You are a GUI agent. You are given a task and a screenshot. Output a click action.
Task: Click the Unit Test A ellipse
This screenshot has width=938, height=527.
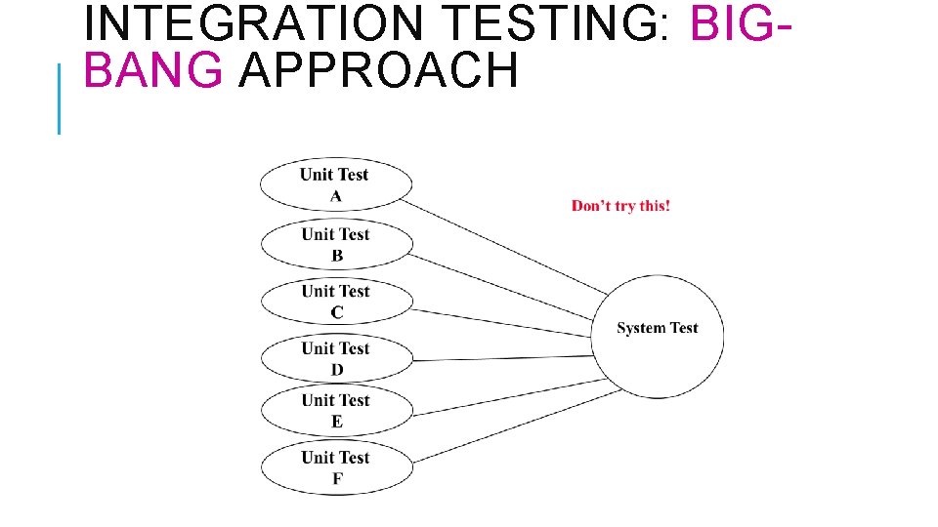click(x=336, y=184)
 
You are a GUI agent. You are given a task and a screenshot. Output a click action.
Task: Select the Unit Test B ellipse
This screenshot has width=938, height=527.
click(x=336, y=244)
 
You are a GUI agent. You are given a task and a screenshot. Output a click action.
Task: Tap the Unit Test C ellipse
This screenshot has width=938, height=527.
click(x=336, y=302)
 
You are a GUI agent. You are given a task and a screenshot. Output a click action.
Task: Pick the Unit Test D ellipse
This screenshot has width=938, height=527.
click(x=336, y=358)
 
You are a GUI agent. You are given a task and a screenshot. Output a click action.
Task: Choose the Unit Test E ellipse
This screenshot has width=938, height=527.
click(x=336, y=410)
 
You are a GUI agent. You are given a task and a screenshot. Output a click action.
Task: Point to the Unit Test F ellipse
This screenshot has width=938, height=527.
click(x=336, y=466)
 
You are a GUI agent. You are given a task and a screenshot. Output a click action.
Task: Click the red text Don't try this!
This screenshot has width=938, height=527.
click(x=620, y=206)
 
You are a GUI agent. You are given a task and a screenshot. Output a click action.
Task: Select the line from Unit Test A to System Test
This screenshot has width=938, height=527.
click(x=503, y=245)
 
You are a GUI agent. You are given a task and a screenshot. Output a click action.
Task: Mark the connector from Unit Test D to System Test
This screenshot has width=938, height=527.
click(x=503, y=358)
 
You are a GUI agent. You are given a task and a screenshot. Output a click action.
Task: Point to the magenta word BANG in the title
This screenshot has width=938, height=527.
click(x=153, y=70)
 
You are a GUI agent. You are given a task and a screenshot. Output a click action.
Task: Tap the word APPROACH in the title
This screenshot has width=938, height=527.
click(x=377, y=70)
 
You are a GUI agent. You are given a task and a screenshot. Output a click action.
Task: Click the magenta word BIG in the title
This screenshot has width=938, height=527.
click(x=730, y=23)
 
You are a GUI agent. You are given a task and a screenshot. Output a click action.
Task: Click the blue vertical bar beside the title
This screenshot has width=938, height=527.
click(x=60, y=98)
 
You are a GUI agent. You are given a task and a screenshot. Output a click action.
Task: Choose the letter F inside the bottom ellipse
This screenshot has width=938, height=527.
click(x=337, y=478)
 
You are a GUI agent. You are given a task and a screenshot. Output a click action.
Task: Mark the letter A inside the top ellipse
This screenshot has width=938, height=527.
click(x=336, y=196)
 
